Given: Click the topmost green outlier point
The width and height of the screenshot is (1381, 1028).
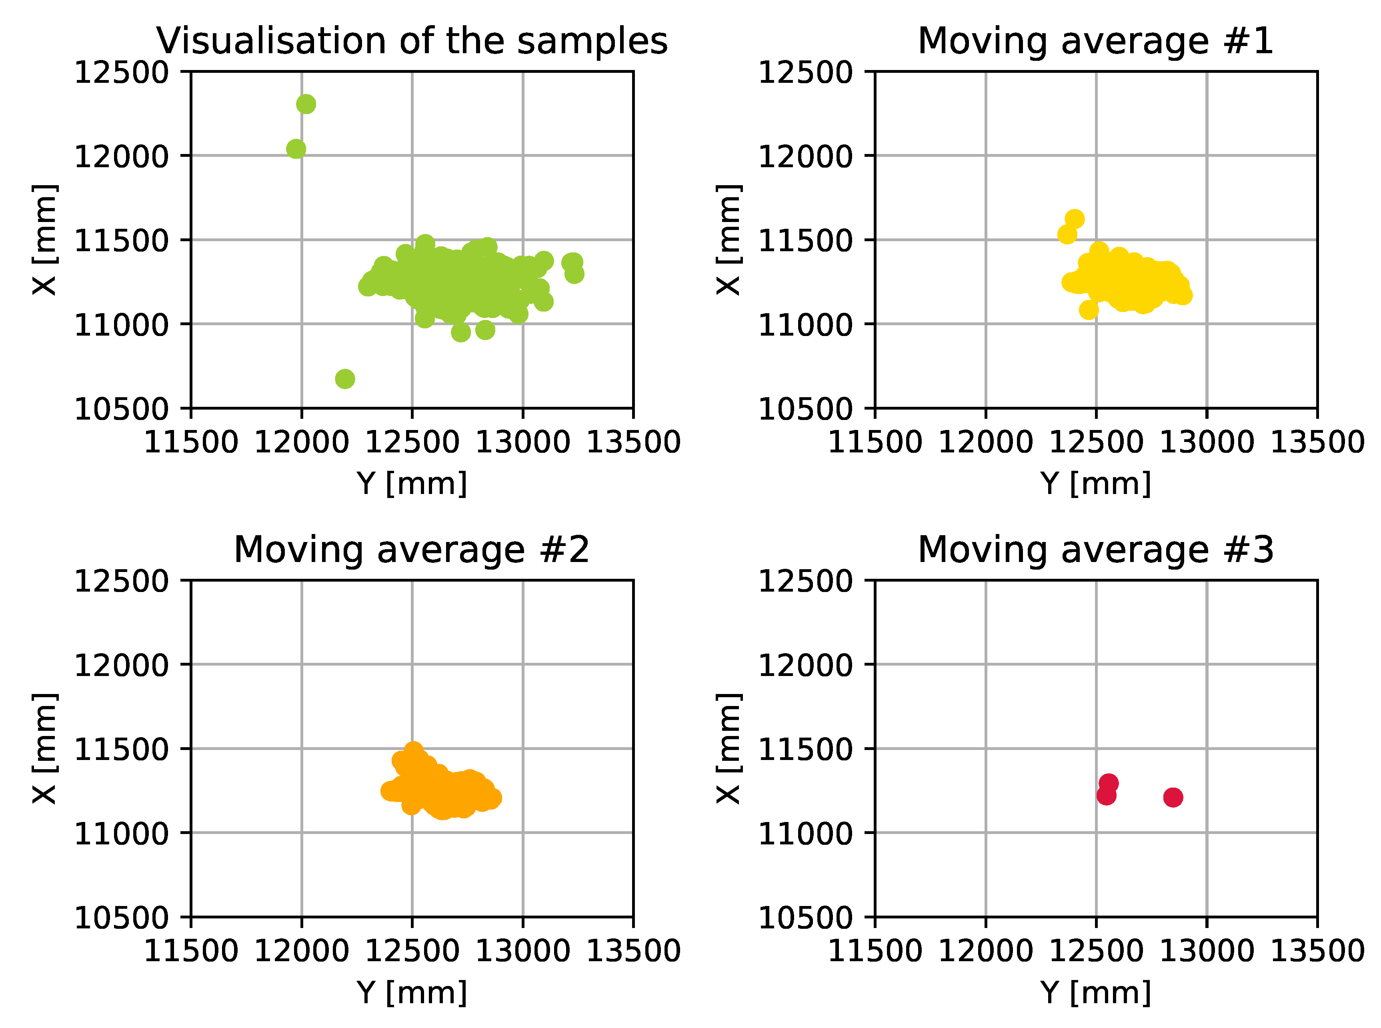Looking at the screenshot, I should pos(306,104).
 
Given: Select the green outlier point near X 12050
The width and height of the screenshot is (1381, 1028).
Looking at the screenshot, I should pos(296,149).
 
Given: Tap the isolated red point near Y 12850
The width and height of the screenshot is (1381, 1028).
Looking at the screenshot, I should pos(1173,797).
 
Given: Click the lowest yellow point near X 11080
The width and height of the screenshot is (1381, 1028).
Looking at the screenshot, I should pos(1089,309).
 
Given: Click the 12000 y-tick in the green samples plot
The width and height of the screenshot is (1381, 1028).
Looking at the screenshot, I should pos(121,156).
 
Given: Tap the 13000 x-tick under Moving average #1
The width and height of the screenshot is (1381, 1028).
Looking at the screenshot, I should pos(1207,442).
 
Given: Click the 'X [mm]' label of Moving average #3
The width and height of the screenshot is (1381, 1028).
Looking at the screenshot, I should pos(728,748).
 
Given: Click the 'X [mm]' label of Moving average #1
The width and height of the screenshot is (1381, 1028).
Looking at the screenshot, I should pos(728,240).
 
